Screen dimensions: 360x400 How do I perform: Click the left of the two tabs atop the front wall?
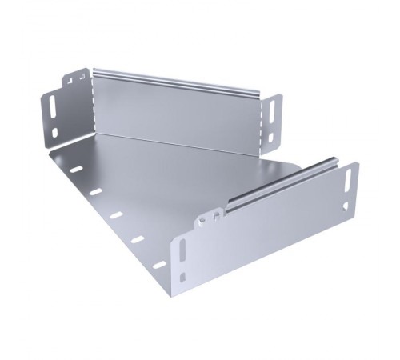[206, 217]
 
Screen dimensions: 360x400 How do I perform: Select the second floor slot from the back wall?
[95, 192]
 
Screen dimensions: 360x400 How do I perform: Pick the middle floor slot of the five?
[116, 214]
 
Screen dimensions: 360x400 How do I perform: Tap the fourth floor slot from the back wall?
[137, 238]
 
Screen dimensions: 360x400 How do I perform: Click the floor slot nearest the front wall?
[159, 264]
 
